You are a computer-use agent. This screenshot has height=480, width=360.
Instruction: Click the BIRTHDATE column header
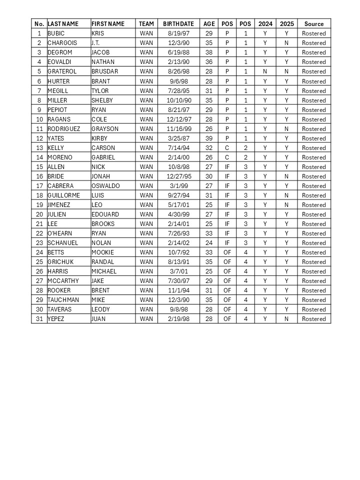(178, 24)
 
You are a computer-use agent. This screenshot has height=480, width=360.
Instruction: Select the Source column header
(313, 24)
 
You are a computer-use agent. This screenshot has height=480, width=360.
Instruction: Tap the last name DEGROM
(58, 52)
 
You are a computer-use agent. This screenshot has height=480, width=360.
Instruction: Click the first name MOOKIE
(102, 252)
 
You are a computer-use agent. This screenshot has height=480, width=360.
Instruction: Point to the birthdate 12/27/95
(178, 176)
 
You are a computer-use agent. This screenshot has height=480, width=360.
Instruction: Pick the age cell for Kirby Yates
(208, 138)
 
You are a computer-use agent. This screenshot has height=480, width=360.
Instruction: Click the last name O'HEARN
(59, 233)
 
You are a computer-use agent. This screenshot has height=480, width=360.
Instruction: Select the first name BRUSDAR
(104, 71)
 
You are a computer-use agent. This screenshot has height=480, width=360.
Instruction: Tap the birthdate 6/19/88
(178, 52)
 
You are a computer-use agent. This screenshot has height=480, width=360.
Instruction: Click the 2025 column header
(286, 24)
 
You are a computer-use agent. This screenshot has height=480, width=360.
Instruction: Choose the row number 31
(39, 319)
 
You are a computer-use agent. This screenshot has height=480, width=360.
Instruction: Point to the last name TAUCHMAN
(62, 300)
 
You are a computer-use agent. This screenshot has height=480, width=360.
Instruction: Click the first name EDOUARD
(105, 214)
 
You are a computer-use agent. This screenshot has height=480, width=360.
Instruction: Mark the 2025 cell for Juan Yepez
(286, 319)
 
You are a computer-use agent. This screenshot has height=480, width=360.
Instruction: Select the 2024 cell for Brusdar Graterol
(265, 71)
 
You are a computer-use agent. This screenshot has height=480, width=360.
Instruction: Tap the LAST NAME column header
(63, 24)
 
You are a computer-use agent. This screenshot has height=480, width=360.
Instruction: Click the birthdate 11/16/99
(178, 129)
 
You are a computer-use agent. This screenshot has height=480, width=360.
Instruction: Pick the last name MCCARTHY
(63, 281)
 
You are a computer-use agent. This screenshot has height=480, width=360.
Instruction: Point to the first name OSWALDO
(105, 186)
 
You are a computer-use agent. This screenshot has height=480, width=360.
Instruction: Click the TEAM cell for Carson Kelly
(146, 148)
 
